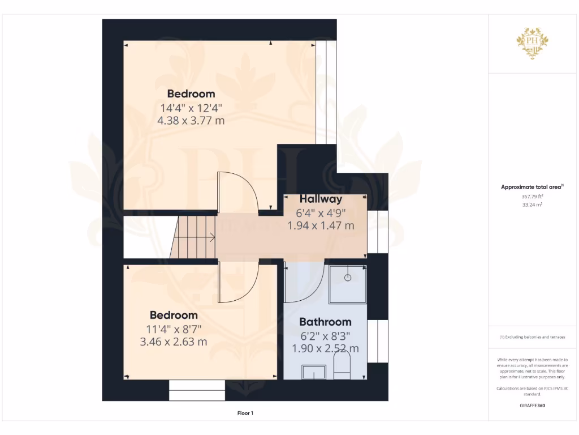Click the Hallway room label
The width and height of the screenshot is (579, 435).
pos(321,199)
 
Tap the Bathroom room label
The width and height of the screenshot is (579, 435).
pos(325,322)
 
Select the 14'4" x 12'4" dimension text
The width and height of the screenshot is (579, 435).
pos(191,108)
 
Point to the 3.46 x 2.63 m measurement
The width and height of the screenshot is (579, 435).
pos(173,342)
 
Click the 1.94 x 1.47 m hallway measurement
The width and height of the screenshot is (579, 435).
pos(321,225)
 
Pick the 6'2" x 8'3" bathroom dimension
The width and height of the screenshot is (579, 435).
pos(325,335)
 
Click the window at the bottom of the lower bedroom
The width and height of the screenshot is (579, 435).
pos(197,390)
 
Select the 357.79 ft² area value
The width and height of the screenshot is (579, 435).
pos(532,196)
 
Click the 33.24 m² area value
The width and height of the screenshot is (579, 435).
pos(532,204)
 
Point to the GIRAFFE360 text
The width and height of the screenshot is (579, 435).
pos(532,406)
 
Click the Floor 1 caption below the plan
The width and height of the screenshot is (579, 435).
pos(245,413)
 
